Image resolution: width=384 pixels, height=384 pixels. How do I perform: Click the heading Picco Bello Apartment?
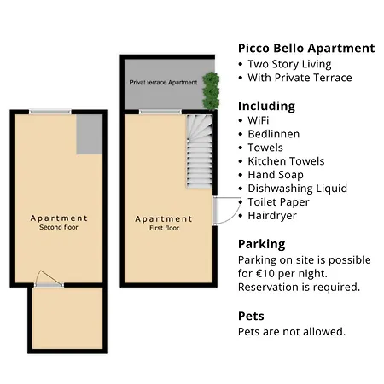pos(305,48)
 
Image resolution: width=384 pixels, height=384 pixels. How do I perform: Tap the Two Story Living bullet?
pos(288,64)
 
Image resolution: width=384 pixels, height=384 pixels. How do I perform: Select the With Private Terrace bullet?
pos(299,78)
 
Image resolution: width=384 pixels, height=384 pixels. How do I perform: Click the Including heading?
pos(266,106)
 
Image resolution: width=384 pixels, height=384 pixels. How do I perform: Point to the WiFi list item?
pos(258,120)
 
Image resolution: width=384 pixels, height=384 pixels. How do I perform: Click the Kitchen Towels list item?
pos(286,161)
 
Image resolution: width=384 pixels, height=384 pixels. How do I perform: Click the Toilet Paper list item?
pos(278,202)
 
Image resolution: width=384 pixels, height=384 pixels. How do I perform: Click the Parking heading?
pos(261,244)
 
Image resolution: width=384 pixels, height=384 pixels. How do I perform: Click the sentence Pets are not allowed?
pos(291,331)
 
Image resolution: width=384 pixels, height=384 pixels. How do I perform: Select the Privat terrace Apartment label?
pos(162,83)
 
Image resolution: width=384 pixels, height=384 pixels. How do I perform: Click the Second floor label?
pos(58,228)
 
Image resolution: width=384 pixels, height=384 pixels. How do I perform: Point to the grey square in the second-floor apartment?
pos(89,134)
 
